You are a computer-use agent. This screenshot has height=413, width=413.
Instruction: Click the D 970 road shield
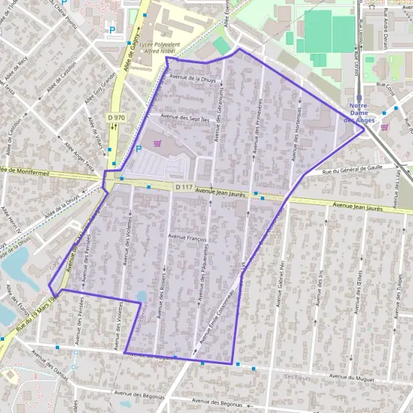click(x=117, y=118)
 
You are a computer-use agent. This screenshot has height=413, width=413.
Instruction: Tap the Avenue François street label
click(x=187, y=236)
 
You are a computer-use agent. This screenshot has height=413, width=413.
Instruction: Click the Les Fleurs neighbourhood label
click(x=297, y=378)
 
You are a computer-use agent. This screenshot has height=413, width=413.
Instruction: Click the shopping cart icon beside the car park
click(x=159, y=143)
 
